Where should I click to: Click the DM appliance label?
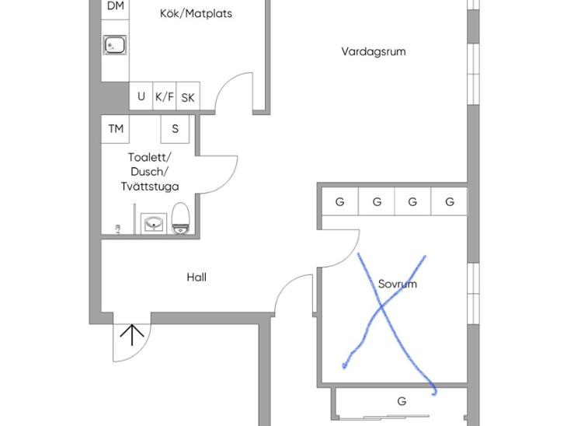pos(116,5)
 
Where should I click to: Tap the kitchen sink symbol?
pos(115,45)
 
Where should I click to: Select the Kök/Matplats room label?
pos(196,14)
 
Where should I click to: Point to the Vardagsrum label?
pos(374,51)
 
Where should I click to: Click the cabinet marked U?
pos(141,96)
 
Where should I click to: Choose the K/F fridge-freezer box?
pos(165,96)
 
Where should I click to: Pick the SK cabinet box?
pos(188,96)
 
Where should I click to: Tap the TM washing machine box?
pos(116,129)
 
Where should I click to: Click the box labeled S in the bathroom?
pos(175,129)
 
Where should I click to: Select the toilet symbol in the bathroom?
pos(180,218)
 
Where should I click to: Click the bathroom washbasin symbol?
pos(154,223)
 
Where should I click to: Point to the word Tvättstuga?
pos(150,187)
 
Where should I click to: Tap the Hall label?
pos(197,278)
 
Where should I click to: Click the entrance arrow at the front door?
pos(132,335)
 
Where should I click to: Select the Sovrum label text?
pos(398,284)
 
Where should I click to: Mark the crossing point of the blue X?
pos(381,307)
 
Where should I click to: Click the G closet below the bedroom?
pos(402,401)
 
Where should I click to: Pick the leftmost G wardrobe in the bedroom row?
pos(340,201)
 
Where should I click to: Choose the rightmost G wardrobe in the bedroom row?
pos(449,201)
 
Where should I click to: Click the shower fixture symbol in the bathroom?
pos(117,229)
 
